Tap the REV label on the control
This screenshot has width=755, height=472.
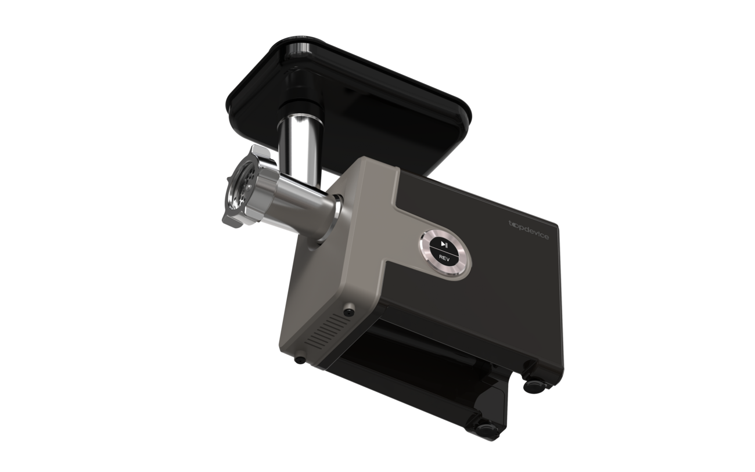(444, 258)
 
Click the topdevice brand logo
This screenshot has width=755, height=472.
(528, 230)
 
